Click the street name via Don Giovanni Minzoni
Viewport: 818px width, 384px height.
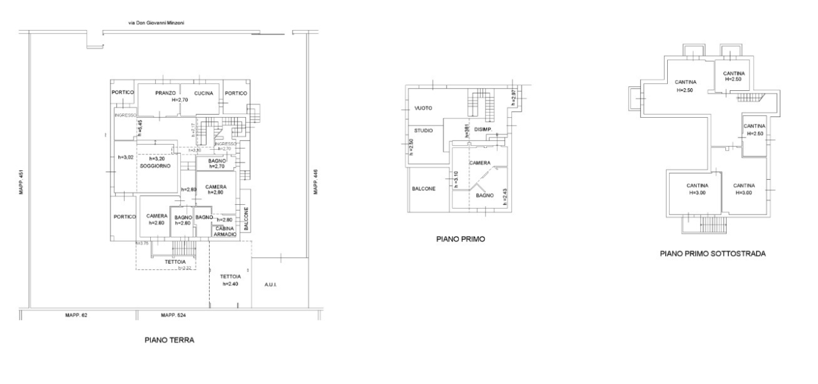pyautogui.click(x=157, y=23)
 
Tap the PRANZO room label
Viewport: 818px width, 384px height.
pyautogui.click(x=166, y=93)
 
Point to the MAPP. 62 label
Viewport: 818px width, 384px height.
pyautogui.click(x=76, y=315)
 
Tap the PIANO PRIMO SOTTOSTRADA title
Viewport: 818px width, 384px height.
pyautogui.click(x=713, y=253)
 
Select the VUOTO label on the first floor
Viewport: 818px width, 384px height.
pyautogui.click(x=423, y=108)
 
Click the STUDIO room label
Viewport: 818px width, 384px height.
pyautogui.click(x=424, y=131)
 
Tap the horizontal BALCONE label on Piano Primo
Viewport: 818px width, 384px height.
pyautogui.click(x=424, y=189)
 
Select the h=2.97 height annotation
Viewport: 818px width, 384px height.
pyautogui.click(x=513, y=97)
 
